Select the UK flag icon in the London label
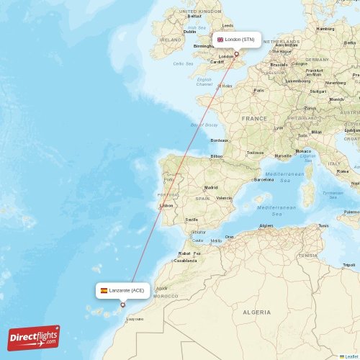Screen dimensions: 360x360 click(x=220, y=40)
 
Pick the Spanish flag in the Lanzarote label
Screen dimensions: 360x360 click(x=104, y=290)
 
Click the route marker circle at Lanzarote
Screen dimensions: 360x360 click(x=122, y=305)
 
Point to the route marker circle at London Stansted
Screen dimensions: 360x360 click(x=235, y=53)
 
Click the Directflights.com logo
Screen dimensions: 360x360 click(x=34, y=338)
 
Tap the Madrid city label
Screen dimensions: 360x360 click(x=210, y=187)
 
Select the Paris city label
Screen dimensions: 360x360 click(x=258, y=90)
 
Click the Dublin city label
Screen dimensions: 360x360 click(x=190, y=32)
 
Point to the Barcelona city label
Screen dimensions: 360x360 click(x=264, y=179)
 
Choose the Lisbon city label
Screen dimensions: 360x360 click(x=166, y=205)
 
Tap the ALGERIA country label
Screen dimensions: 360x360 click(x=256, y=312)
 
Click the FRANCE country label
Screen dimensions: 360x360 click(x=254, y=118)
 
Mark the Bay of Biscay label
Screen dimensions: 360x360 click(x=204, y=125)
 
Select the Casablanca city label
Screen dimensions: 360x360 click(x=185, y=260)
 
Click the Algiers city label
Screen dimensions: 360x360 click(x=266, y=225)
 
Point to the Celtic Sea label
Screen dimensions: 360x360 click(x=183, y=63)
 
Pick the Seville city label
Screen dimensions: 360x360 click(x=192, y=220)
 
